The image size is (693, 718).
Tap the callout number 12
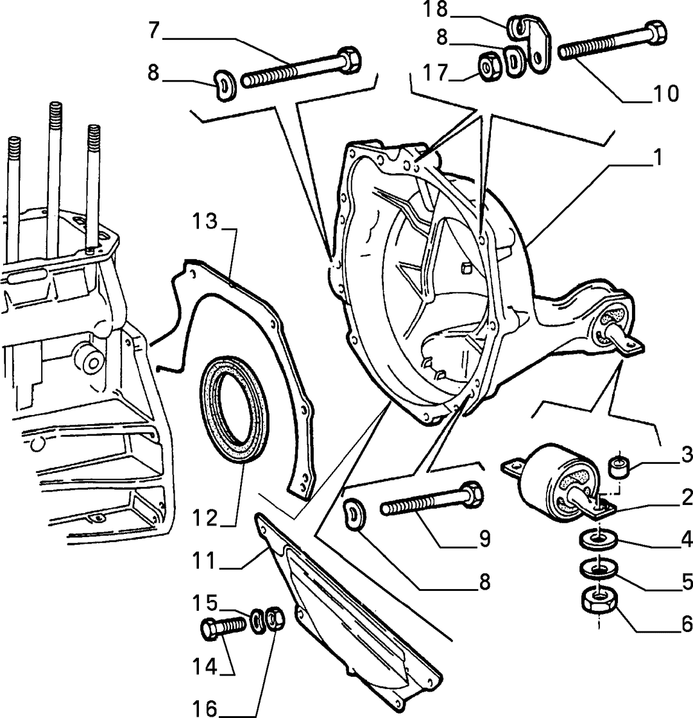point(204,518)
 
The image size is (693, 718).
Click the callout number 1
point(658,157)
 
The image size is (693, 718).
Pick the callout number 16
point(204,708)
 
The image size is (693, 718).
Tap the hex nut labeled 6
point(599,601)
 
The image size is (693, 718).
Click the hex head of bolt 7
point(350,59)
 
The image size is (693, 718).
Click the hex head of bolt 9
point(472,493)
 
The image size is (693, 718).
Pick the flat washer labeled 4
point(599,540)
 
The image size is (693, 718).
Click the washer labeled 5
point(599,569)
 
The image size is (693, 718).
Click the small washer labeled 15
point(258,621)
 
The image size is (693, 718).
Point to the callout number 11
point(204,561)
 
